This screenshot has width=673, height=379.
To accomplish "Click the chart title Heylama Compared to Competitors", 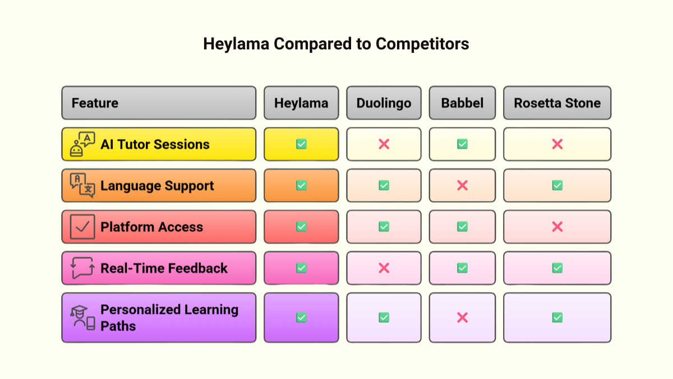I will click(x=336, y=44).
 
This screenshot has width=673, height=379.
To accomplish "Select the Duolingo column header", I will click(x=384, y=103).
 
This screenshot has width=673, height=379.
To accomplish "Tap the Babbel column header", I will click(x=462, y=103).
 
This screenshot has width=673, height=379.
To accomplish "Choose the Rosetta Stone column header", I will click(x=557, y=103).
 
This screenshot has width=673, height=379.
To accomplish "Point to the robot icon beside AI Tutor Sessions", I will click(x=82, y=144).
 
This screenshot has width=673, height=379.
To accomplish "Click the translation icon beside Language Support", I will click(x=82, y=185).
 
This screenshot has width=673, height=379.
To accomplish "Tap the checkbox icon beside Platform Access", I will click(x=82, y=227).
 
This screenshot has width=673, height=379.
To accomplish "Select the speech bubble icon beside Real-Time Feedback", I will click(x=82, y=268).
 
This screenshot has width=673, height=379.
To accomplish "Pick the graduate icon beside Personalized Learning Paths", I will click(x=82, y=317).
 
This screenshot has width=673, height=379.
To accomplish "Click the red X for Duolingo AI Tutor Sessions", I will click(x=384, y=144).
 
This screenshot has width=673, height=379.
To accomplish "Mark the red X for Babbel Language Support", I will click(x=462, y=185).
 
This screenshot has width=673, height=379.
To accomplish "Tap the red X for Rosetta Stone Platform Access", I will click(x=557, y=227).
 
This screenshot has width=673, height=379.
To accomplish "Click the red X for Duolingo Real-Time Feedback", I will click(x=384, y=268).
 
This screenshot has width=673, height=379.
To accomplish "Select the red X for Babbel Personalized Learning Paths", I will click(x=462, y=317).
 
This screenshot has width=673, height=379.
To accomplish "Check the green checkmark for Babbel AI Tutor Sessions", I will click(x=462, y=144).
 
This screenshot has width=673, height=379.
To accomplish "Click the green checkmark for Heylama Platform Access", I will click(x=301, y=227).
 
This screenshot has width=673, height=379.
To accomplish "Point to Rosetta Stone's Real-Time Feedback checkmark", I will click(x=557, y=268).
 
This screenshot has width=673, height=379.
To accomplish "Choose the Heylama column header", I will click(x=301, y=103).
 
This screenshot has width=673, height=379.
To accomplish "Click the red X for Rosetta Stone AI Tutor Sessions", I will click(x=557, y=144).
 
